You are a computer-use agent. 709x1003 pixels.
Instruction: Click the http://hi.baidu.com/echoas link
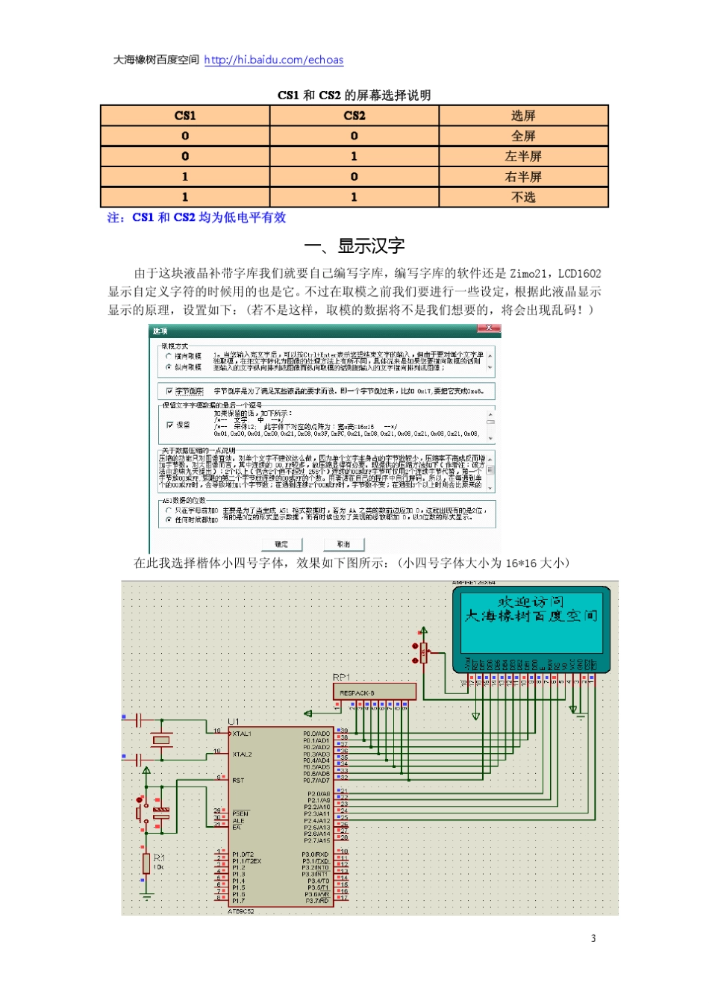[273, 60]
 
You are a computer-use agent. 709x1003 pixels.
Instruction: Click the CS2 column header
[354, 116]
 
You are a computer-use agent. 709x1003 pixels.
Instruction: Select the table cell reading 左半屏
[523, 156]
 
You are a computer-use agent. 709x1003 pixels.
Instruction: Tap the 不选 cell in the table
[523, 197]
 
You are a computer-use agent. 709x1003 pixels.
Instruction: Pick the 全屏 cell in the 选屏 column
[523, 136]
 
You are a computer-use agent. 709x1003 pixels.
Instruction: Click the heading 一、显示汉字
[354, 246]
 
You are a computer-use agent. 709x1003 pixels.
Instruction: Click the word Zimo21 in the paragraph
[530, 274]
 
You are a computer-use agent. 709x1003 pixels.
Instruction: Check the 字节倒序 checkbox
[169, 391]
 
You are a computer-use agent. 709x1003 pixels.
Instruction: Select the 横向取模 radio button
[169, 357]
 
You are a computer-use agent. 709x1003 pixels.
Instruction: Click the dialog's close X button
[489, 328]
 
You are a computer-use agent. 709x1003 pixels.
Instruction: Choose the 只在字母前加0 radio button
[169, 510]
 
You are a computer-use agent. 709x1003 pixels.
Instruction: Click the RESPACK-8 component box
[374, 693]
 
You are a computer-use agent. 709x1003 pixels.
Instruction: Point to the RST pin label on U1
[238, 781]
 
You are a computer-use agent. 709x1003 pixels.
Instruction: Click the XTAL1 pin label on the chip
[242, 734]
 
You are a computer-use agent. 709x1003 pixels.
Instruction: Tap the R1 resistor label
[159, 858]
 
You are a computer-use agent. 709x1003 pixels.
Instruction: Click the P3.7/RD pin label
[316, 901]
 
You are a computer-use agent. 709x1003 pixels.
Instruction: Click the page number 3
[593, 938]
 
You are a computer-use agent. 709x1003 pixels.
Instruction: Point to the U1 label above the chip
[234, 722]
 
